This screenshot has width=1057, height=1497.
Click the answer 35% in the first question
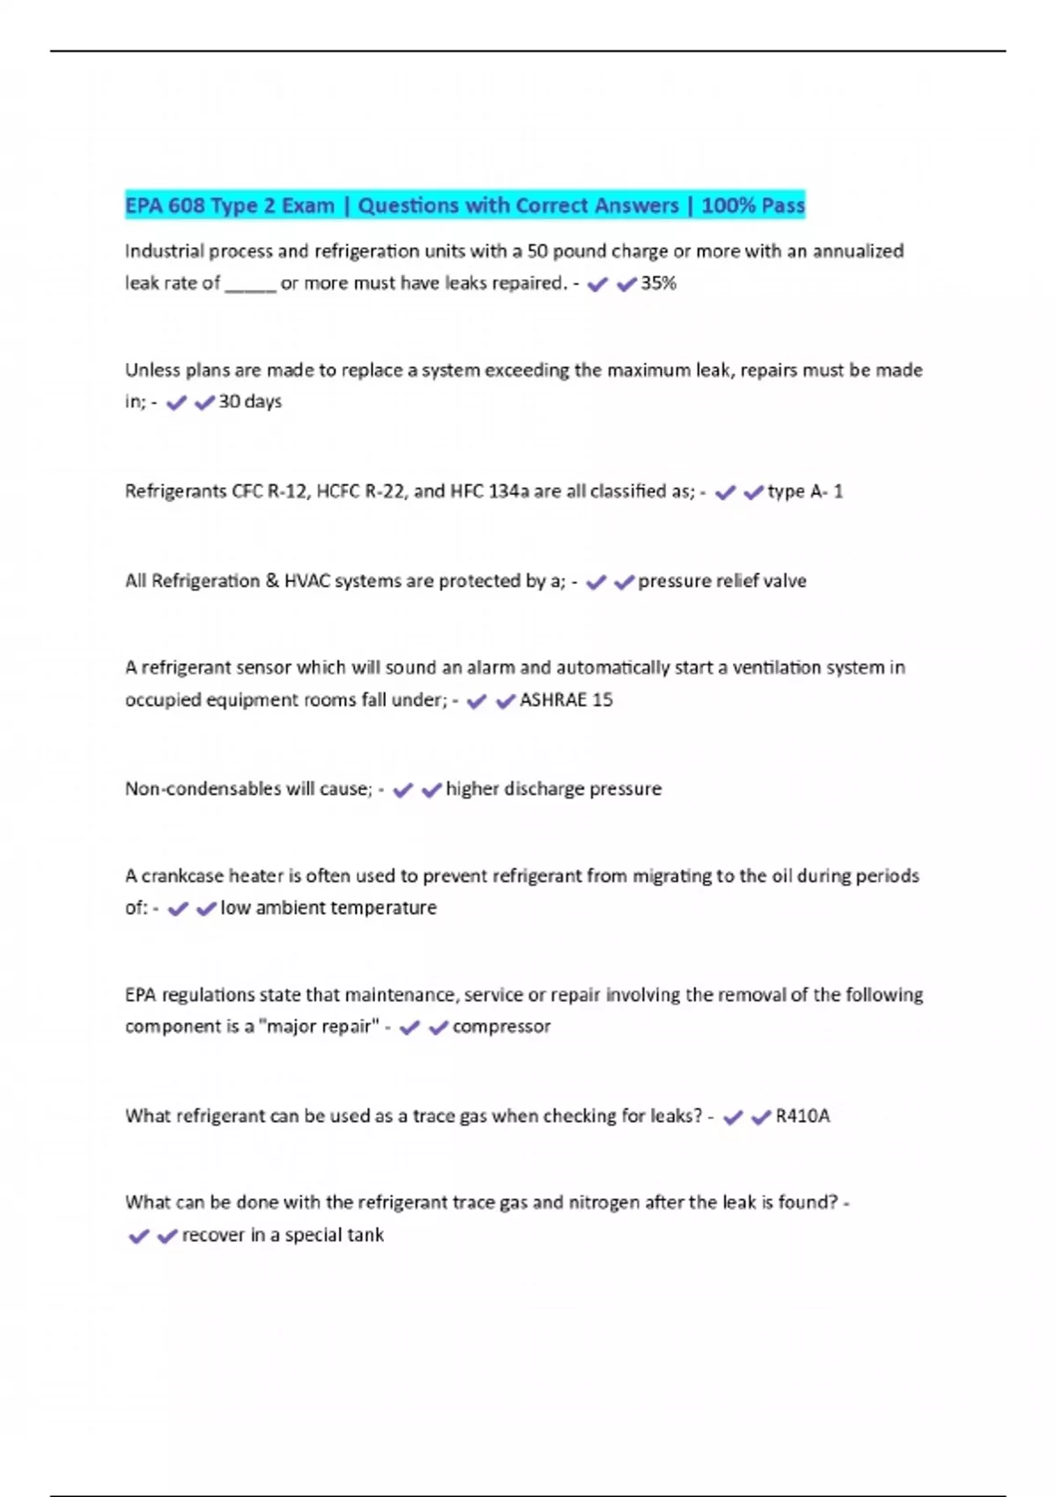(658, 284)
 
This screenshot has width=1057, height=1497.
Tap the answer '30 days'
(250, 402)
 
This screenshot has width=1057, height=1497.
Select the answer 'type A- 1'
(805, 491)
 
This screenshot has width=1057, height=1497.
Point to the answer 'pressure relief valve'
(722, 581)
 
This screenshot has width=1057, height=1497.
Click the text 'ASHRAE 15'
(566, 700)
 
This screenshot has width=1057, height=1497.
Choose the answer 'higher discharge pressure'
(553, 789)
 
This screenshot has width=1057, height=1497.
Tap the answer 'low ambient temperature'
(329, 908)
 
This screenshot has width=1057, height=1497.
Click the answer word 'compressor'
(501, 1027)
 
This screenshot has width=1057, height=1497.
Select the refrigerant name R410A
(802, 1117)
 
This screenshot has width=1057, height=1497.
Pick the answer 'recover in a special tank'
(283, 1235)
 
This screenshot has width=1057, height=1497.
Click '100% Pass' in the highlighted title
(753, 206)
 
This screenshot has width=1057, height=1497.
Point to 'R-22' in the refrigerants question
(381, 491)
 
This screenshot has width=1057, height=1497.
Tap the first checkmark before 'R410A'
(733, 1117)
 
